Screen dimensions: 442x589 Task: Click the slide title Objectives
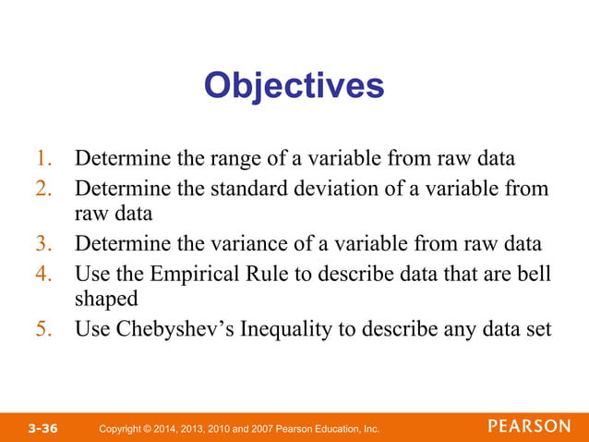[x=294, y=86]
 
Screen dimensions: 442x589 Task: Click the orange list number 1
[x=43, y=158]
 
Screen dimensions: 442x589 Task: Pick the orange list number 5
[x=44, y=328]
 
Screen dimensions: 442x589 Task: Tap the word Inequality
[x=292, y=329]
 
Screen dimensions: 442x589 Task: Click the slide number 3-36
[x=42, y=428]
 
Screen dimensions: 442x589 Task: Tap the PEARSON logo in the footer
[x=529, y=426]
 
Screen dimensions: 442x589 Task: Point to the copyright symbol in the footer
[x=149, y=429]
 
